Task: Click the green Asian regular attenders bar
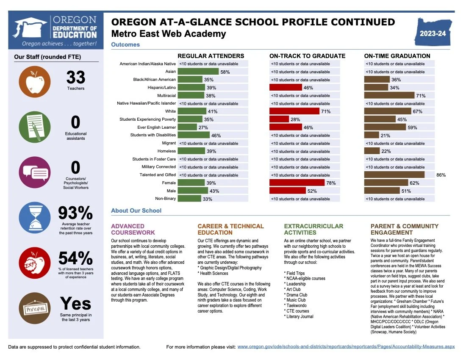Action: (x=198, y=72)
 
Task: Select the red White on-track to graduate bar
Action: (x=294, y=111)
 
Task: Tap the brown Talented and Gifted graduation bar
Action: (x=394, y=174)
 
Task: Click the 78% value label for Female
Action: (x=331, y=183)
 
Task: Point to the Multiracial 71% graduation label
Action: (x=420, y=96)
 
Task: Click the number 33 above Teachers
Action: (x=76, y=78)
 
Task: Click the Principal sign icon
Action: (x=35, y=309)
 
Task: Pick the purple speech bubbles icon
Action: (x=35, y=172)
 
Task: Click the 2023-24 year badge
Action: (x=433, y=33)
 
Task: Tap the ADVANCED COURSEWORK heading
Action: (x=133, y=229)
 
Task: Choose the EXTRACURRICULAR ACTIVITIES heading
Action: (x=313, y=229)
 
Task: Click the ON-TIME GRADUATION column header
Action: (x=397, y=56)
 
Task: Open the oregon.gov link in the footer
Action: (x=346, y=347)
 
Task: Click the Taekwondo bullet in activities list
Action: (x=296, y=305)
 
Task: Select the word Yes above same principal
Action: (x=75, y=303)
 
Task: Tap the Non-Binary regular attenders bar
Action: (x=189, y=199)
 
